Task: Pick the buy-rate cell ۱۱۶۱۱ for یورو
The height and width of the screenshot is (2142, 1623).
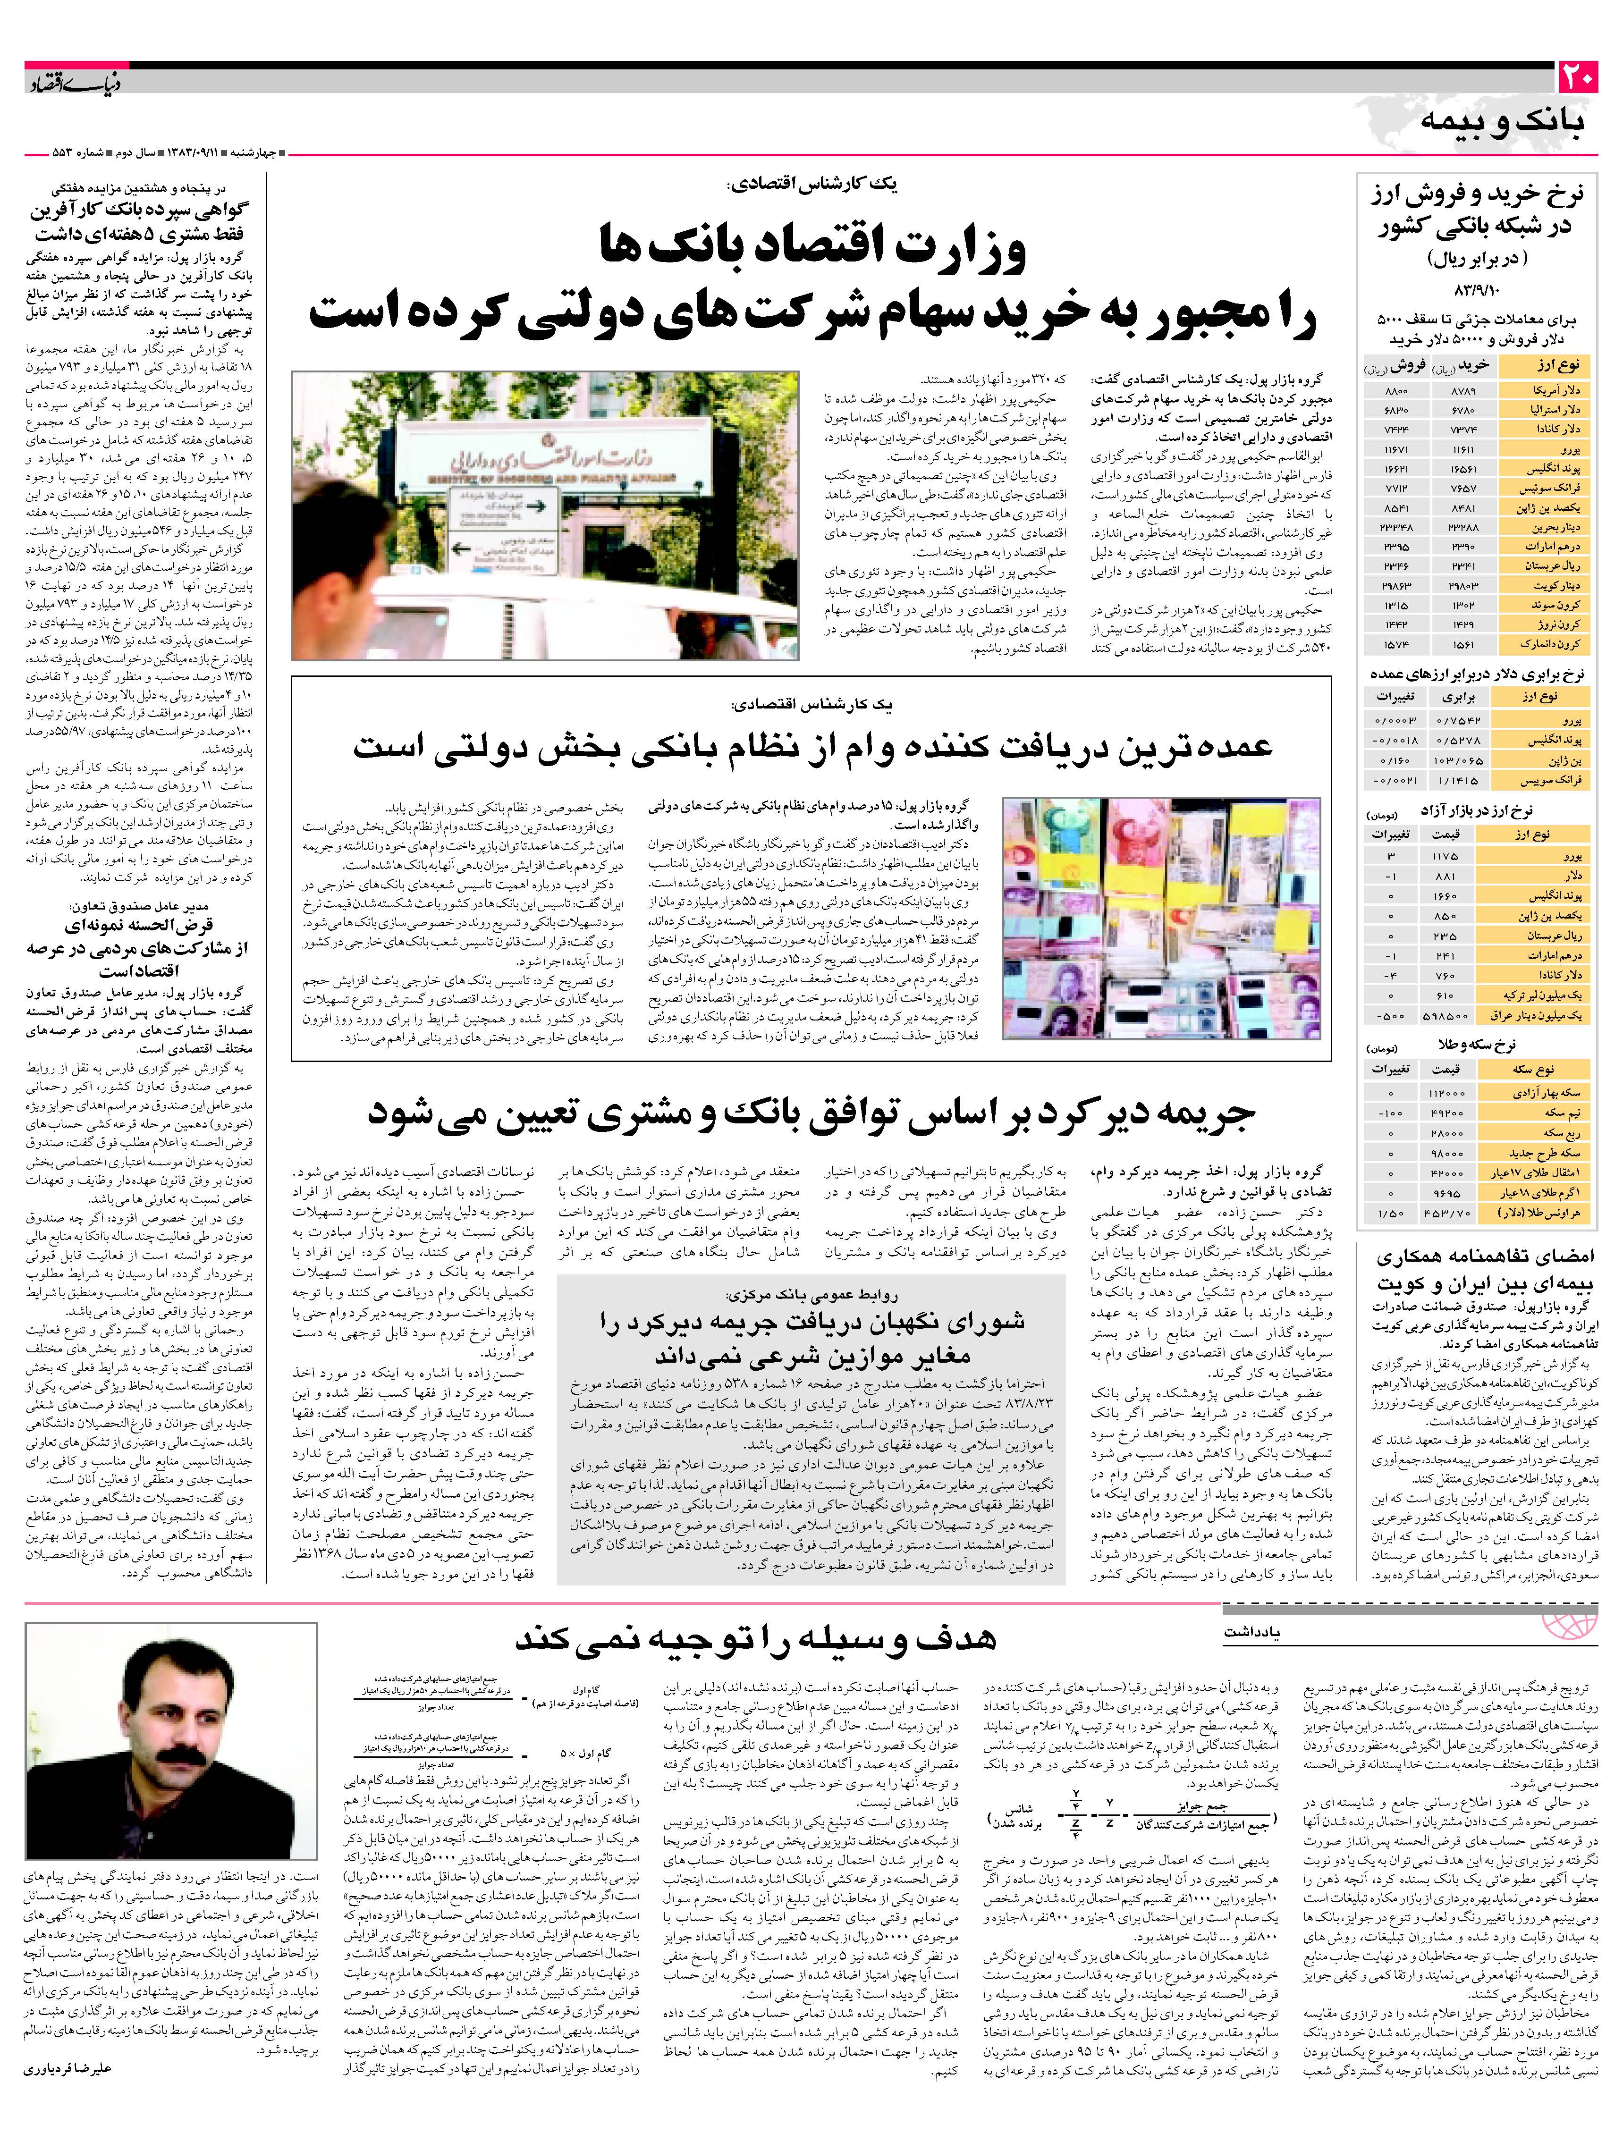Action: tap(1464, 450)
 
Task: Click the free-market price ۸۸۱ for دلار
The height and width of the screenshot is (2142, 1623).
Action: tap(1445, 877)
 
